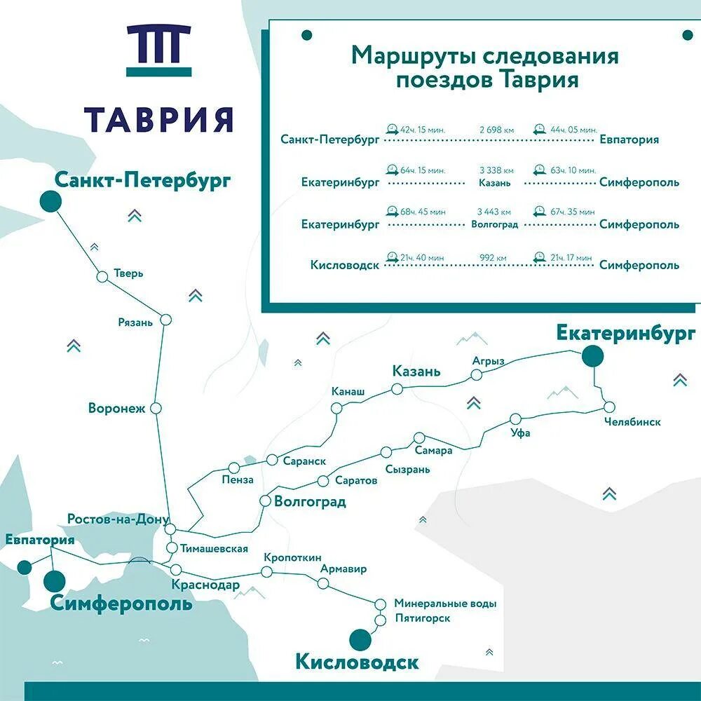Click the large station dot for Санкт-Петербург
pos(50,201)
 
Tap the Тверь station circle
pos(102,277)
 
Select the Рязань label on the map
pos(135,322)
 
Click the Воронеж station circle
pos(156,408)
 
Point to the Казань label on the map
pos(416,371)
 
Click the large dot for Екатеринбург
pos(593,357)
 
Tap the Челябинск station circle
pos(608,407)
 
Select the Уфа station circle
pos(516,419)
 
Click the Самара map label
pos(433,450)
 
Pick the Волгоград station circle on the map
pos(265,501)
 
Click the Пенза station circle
pos(234,468)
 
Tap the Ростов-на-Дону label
pos(118,519)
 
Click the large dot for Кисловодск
pos(360,639)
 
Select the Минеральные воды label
pos(445,603)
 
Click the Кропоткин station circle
pos(266,572)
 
